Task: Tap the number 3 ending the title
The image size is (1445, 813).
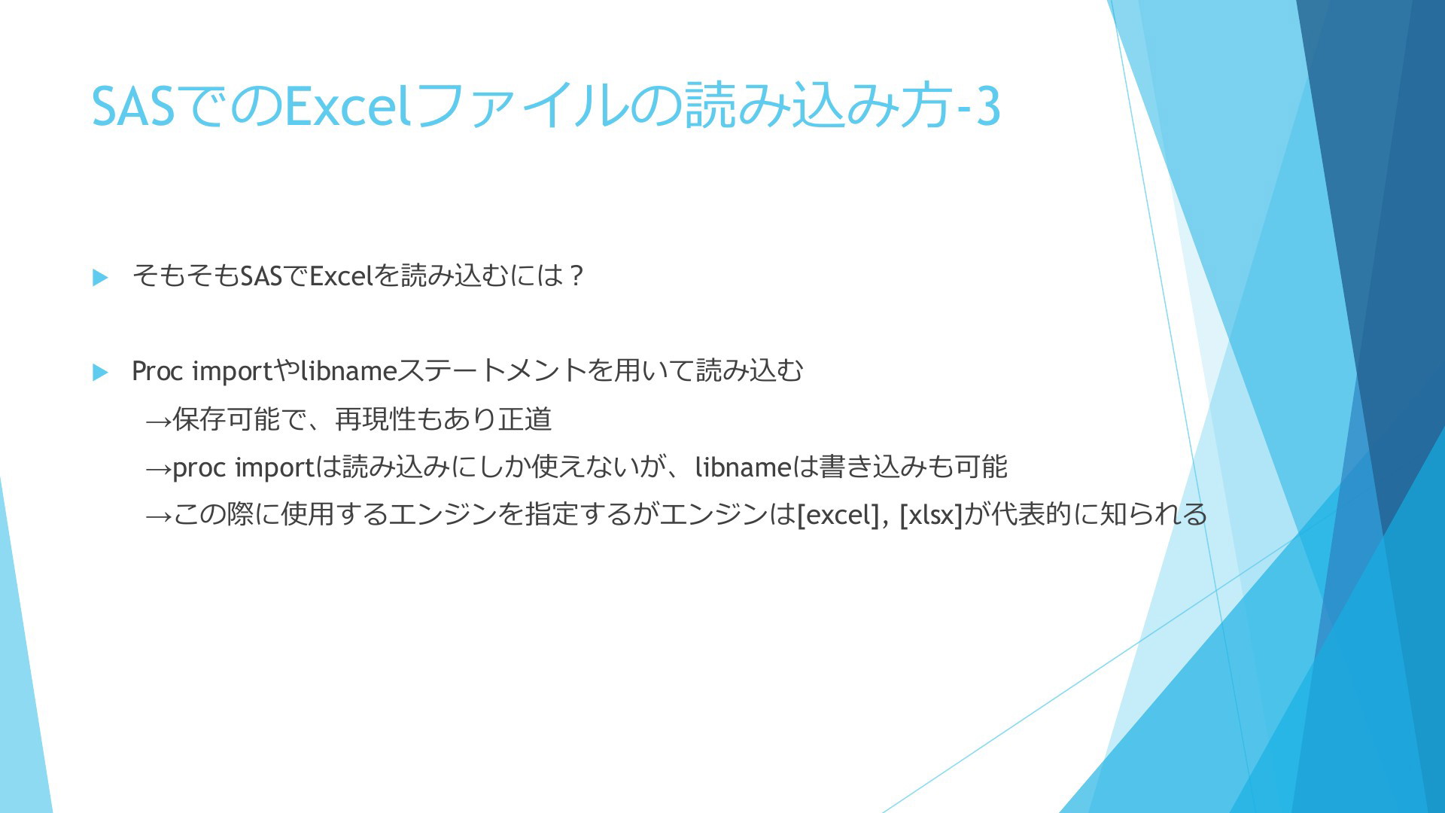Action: (x=988, y=106)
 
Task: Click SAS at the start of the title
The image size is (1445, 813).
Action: (x=133, y=106)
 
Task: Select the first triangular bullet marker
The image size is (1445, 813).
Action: (x=100, y=277)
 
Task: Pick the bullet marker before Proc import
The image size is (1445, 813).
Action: (x=100, y=372)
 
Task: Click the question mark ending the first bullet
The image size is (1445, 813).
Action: (x=576, y=276)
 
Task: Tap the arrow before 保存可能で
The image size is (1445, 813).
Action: (x=158, y=420)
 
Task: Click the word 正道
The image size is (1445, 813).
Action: (x=525, y=419)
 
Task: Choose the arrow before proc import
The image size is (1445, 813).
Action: (x=158, y=468)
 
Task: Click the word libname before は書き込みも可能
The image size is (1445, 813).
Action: (x=743, y=467)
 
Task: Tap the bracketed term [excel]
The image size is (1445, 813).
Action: (x=838, y=515)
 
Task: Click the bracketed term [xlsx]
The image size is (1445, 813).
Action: (x=931, y=515)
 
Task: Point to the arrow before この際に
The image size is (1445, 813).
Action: (x=158, y=516)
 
